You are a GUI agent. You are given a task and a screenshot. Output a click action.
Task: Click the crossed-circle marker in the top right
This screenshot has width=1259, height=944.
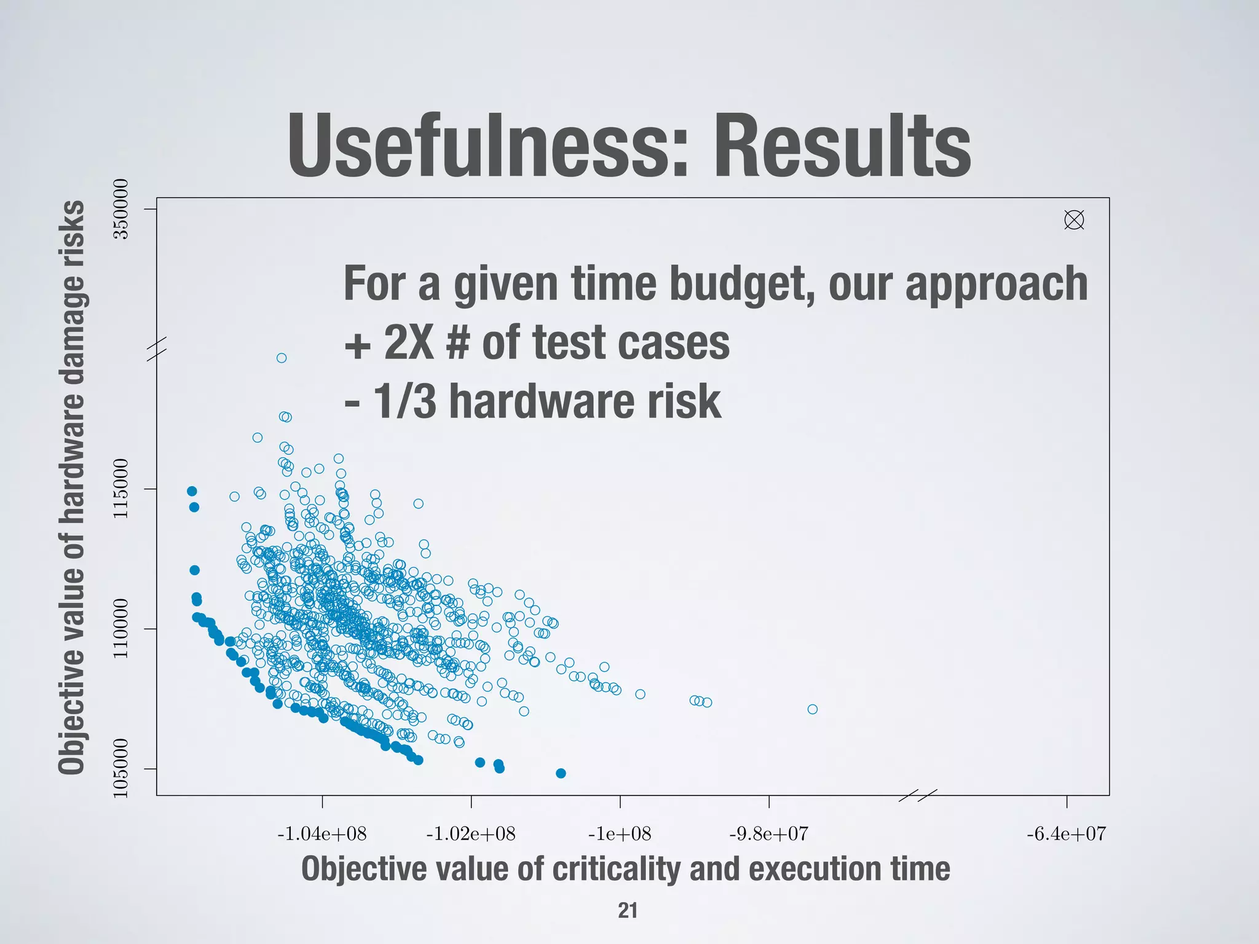[x=1074, y=220]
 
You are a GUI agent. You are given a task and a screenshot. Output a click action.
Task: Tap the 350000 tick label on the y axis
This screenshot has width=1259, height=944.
[x=121, y=209]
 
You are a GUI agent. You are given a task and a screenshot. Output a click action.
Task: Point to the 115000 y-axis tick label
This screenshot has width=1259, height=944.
[x=121, y=489]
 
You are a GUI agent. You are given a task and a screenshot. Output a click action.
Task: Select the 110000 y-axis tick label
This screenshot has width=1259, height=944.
[x=121, y=628]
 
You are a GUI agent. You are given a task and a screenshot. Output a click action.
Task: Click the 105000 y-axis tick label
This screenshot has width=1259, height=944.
[x=121, y=768]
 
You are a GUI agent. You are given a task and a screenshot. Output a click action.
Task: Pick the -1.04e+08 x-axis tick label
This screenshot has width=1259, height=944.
[x=322, y=834]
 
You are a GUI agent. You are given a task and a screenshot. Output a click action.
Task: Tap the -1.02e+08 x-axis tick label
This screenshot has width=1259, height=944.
[x=471, y=834]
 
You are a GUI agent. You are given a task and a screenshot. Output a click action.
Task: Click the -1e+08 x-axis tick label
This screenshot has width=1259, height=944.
[x=620, y=834]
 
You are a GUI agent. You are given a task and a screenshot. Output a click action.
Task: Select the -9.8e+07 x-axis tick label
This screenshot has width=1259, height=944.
[x=768, y=834]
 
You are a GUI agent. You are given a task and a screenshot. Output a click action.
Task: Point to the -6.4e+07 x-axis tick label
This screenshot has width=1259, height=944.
[x=1066, y=834]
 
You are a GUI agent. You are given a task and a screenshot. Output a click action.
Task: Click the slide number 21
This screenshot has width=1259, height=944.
[x=628, y=910]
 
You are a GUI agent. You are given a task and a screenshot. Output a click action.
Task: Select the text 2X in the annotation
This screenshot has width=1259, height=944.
[x=409, y=343]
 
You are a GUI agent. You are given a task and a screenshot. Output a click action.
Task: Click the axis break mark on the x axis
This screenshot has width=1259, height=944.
[x=918, y=795]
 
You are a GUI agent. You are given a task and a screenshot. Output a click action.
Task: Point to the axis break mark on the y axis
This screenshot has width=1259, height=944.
[x=157, y=348]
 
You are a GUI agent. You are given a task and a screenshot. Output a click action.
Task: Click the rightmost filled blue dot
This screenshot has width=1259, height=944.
[x=561, y=773]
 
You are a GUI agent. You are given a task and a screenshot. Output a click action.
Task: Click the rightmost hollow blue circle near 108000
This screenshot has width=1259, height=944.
[x=812, y=709]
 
